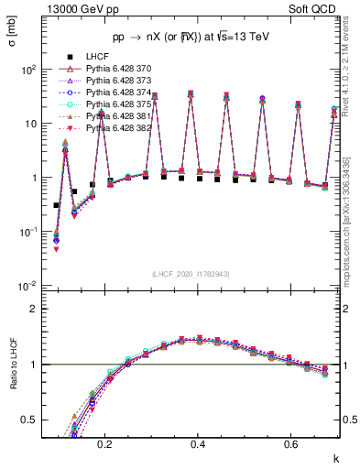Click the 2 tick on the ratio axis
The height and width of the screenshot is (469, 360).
tap(38, 309)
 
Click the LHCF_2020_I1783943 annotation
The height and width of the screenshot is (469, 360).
tap(191, 274)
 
